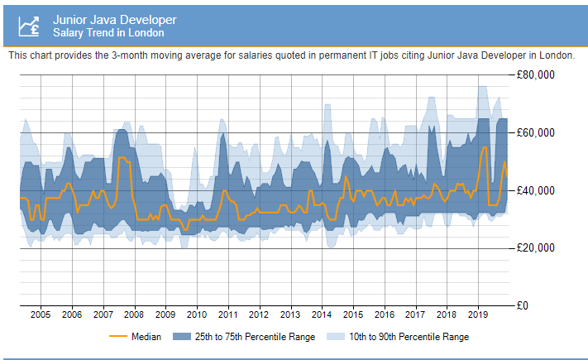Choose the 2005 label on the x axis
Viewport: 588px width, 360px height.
pos(41,315)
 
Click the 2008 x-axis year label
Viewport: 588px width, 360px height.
pos(134,315)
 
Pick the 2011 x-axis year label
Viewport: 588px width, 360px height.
pos(227,315)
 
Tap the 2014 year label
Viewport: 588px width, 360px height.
pos(322,315)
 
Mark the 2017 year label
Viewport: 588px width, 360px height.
pos(415,315)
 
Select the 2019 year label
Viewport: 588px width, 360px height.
pos(478,315)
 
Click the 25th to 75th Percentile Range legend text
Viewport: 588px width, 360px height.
pos(256,337)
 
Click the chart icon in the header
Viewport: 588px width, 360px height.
pos(31,26)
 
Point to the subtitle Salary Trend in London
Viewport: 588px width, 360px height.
pos(108,33)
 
